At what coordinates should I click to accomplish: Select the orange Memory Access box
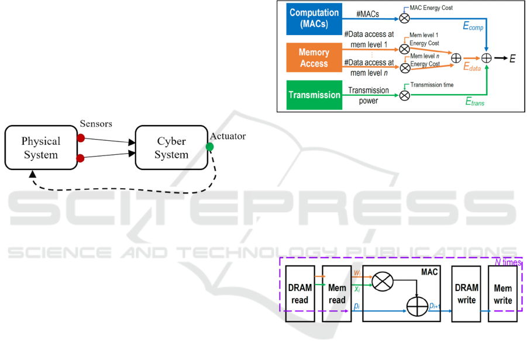tap(314, 58)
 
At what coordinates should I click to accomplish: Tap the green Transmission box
tap(314, 95)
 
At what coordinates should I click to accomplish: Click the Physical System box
tap(40, 147)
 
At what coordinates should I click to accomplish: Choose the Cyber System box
tap(171, 148)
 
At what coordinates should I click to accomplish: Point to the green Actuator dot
tap(210, 146)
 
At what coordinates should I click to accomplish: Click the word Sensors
tap(96, 124)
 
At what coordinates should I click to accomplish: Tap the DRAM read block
tap(300, 293)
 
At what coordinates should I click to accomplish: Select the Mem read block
tap(337, 293)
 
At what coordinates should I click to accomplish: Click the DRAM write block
tap(467, 293)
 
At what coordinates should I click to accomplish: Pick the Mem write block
tap(503, 293)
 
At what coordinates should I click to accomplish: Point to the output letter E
tap(512, 59)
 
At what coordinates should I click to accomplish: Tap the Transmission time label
tap(432, 85)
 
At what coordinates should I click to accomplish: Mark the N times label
tap(507, 262)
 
